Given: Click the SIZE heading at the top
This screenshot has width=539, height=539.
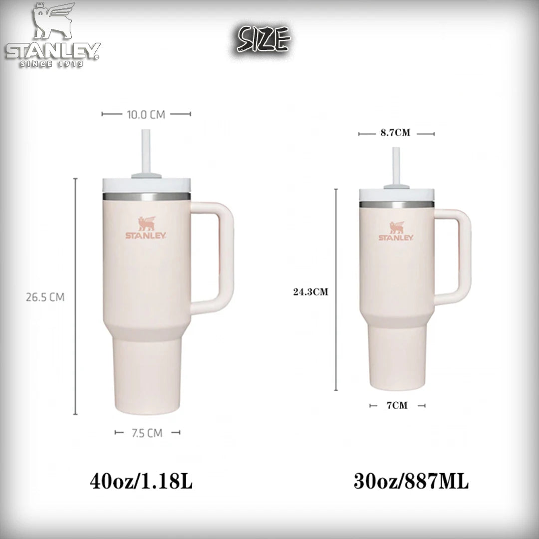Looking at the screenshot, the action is (264, 39).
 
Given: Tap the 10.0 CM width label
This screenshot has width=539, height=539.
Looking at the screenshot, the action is (146, 114).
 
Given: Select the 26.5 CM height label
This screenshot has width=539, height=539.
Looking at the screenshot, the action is (45, 297).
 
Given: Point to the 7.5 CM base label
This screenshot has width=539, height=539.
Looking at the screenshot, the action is (147, 433).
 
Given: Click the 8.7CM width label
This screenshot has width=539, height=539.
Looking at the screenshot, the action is (395, 133).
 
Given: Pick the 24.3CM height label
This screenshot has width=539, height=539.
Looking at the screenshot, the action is (310, 292).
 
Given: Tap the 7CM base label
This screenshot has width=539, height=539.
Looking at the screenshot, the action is (397, 406).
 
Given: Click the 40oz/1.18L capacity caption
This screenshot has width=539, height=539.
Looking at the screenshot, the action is (141, 481).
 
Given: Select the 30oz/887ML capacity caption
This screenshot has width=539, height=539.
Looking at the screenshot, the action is (411, 481).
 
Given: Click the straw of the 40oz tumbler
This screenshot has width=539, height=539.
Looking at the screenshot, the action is (146, 151).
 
